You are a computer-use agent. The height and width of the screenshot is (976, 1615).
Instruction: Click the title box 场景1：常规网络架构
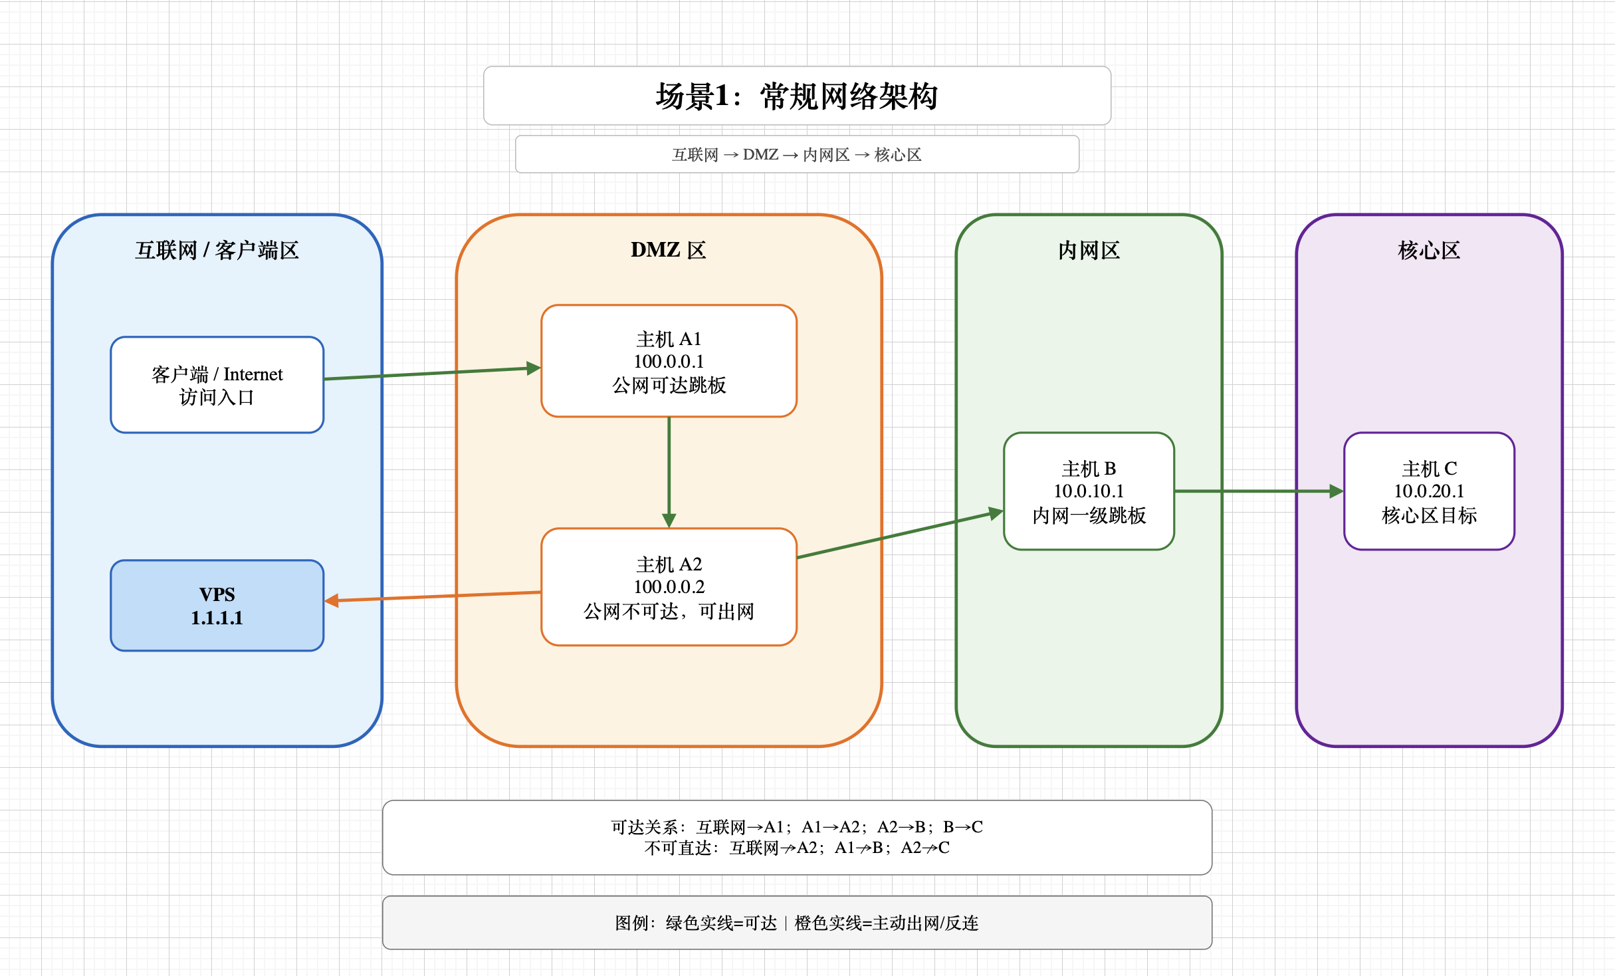(797, 96)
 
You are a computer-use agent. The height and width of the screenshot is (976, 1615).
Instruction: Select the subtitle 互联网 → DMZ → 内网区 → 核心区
(797, 155)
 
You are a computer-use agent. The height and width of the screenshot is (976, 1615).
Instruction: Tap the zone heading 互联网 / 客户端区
(217, 251)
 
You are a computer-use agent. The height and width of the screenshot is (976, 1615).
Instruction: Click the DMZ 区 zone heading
(669, 250)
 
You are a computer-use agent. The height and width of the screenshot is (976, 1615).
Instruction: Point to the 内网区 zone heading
(1089, 251)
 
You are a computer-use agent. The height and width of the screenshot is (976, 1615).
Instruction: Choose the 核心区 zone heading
(1429, 251)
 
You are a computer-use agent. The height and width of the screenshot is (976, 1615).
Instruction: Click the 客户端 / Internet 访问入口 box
(217, 385)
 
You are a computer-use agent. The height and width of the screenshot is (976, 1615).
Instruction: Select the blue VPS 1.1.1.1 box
(217, 606)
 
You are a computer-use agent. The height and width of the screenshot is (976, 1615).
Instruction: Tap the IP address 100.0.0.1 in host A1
(669, 362)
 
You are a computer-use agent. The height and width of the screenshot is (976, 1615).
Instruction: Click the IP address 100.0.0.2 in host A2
(669, 587)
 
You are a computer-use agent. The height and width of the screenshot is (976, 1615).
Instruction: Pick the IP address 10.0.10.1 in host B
(1089, 491)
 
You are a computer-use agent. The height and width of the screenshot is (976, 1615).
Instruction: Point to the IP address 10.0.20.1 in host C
(1429, 491)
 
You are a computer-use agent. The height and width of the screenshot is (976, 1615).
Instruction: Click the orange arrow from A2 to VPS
(433, 596)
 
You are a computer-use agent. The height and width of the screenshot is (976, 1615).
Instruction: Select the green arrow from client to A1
(433, 373)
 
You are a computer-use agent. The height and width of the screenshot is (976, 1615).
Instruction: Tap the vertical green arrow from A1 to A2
(669, 473)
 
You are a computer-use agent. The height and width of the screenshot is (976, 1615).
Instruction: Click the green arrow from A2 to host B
(900, 533)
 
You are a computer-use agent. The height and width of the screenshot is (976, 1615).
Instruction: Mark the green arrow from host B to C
(1259, 491)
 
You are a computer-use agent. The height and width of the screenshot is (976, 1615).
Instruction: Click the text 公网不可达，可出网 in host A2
(669, 612)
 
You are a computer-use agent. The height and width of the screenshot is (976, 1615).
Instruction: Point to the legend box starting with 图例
(797, 923)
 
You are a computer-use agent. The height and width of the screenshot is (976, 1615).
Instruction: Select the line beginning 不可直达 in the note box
(797, 848)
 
